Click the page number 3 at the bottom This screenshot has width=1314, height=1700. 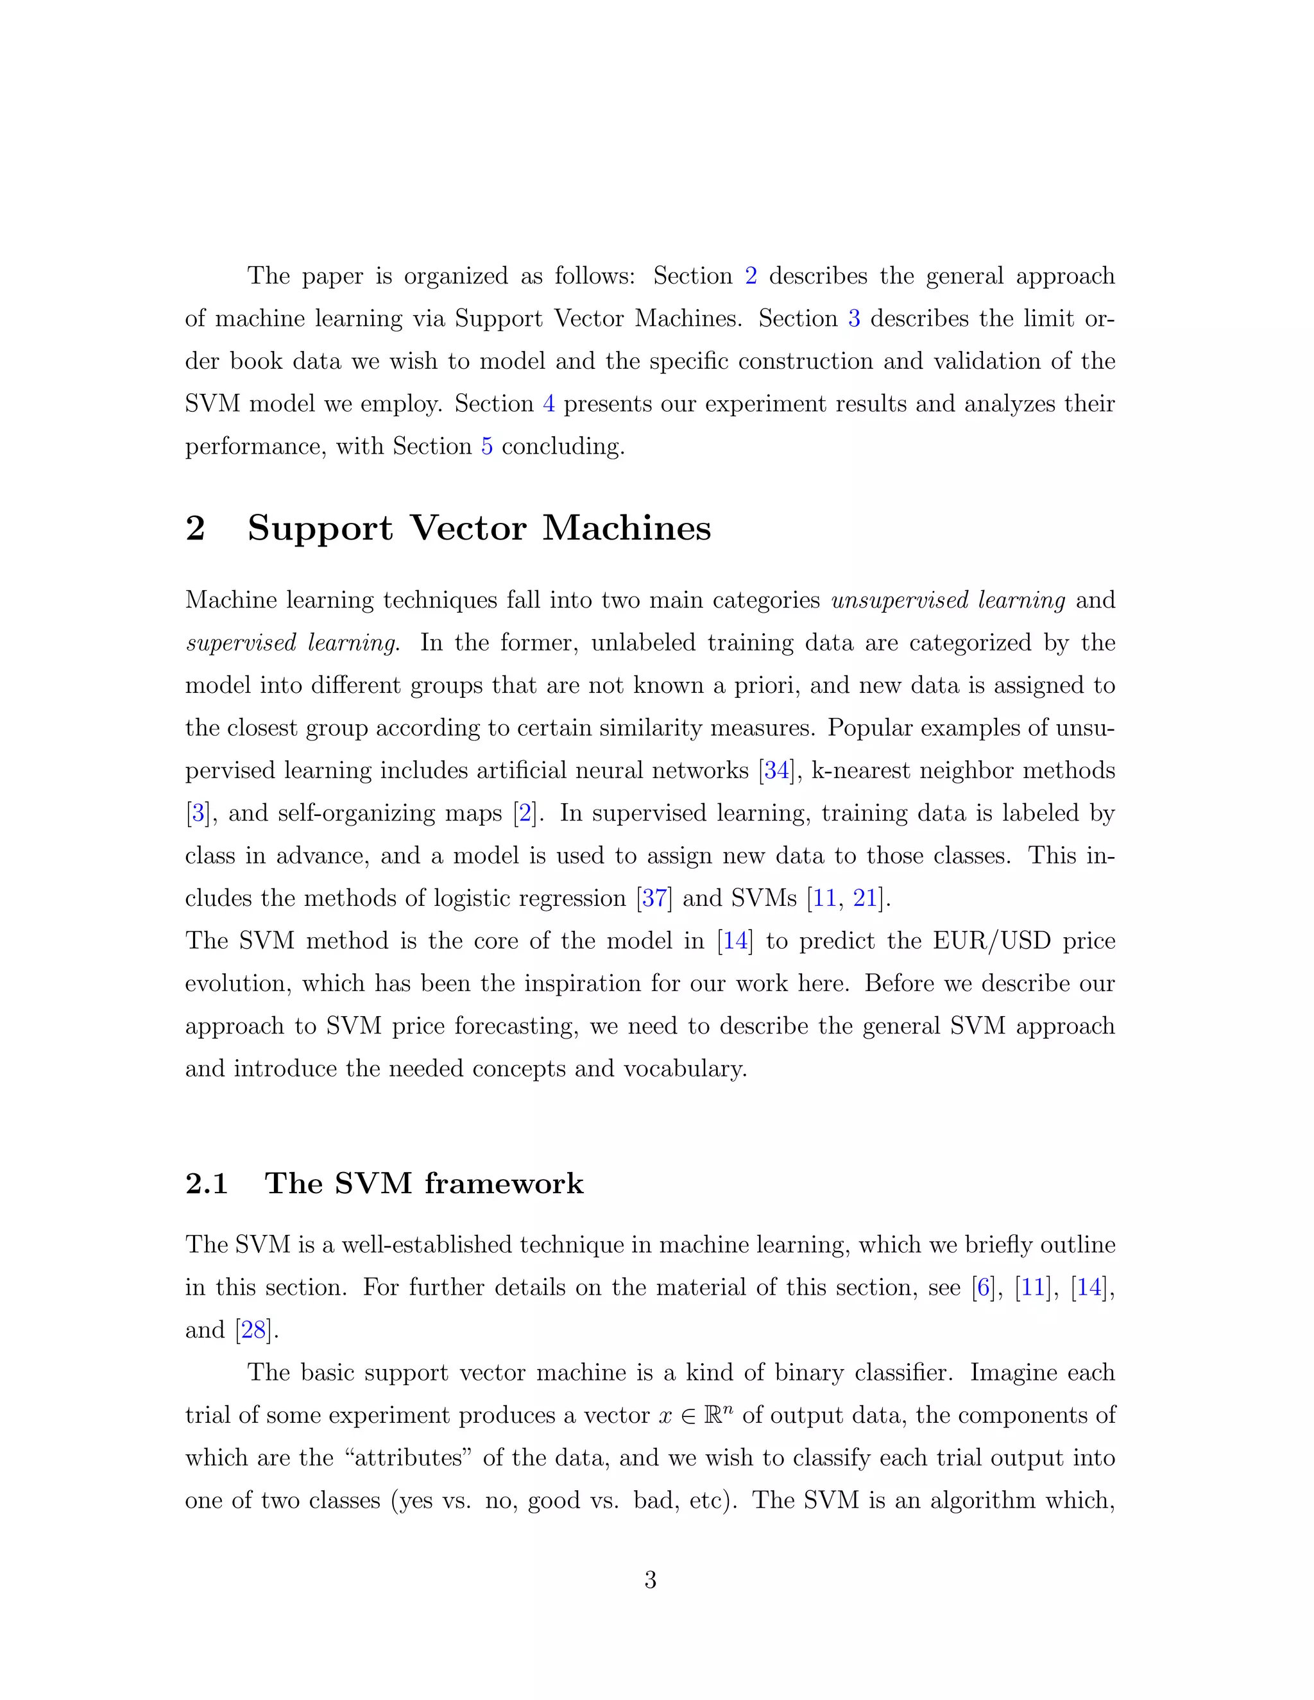(651, 1579)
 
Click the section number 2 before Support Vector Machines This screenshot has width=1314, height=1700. (196, 529)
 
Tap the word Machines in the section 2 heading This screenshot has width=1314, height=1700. (627, 529)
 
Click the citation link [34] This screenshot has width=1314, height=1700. (776, 770)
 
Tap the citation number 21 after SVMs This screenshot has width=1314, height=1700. (865, 898)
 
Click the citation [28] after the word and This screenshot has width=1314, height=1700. (254, 1329)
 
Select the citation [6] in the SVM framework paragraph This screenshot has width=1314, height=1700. (984, 1288)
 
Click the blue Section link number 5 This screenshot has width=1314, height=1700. (486, 446)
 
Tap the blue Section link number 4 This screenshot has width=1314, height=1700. (549, 404)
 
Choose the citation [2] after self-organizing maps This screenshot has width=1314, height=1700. (526, 813)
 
